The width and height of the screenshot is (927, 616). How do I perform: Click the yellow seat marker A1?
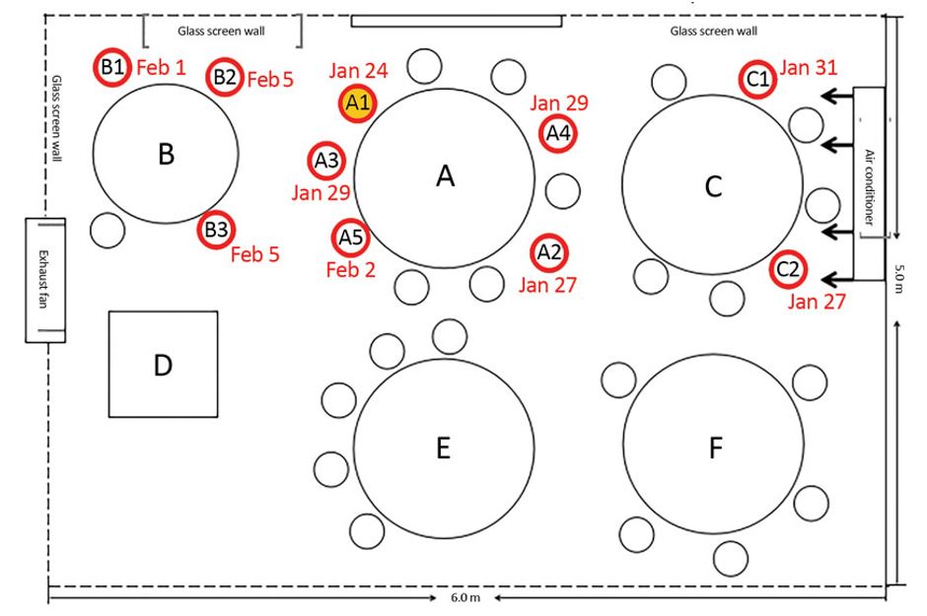[357, 103]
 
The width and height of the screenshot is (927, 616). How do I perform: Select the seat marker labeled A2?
[549, 252]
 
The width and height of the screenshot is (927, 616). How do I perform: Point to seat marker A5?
[350, 237]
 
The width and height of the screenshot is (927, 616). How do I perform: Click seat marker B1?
[111, 67]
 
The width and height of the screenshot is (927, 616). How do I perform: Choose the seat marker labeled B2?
[225, 77]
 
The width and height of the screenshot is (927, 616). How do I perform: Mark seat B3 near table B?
[216, 231]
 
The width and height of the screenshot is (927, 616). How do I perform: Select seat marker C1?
[757, 81]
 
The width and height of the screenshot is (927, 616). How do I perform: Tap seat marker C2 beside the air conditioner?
[788, 269]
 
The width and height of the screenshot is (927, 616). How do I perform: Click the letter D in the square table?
[163, 366]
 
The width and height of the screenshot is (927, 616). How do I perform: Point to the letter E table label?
[444, 448]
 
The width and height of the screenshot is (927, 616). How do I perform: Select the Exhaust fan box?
[44, 279]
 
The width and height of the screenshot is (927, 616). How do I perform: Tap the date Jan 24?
[359, 71]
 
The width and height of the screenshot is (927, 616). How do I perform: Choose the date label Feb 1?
[159, 68]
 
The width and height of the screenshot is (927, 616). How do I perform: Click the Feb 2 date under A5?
[349, 269]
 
